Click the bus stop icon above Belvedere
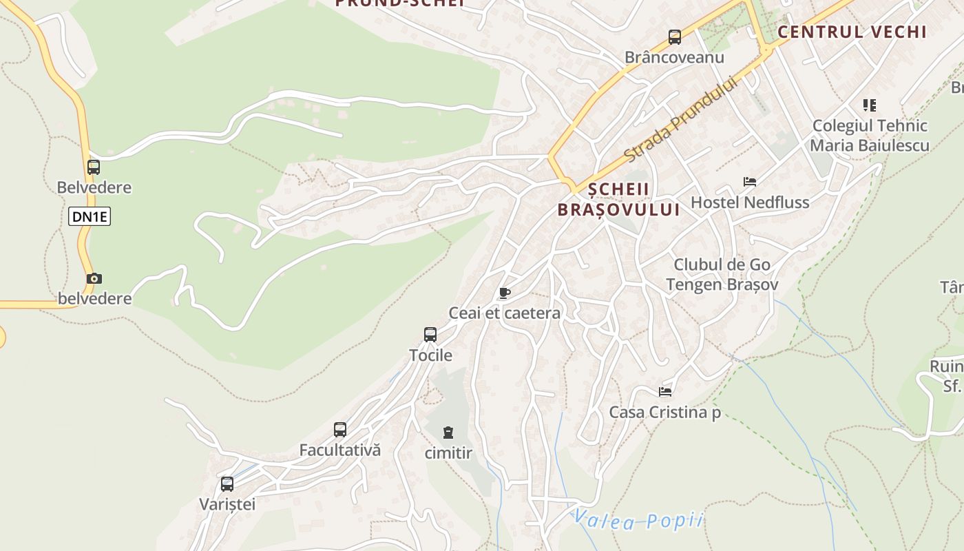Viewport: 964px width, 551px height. pos(94,167)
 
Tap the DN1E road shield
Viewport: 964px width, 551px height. pos(90,217)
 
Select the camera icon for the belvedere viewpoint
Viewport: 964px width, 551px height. pos(94,279)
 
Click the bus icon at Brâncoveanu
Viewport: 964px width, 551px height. pos(674,37)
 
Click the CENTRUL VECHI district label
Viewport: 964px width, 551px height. pos(852,32)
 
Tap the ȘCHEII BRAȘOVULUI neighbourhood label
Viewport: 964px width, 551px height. pos(618,200)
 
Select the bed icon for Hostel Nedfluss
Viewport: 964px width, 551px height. pos(750,182)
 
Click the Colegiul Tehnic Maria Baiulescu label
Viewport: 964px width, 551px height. pos(870,136)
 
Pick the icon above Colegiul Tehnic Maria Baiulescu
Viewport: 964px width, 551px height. pos(870,105)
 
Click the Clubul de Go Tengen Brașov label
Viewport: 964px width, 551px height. pos(722,275)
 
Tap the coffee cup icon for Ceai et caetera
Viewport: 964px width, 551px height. pos(505,293)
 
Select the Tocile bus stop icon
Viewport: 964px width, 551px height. pos(430,335)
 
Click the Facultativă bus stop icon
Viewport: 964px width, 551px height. pos(340,430)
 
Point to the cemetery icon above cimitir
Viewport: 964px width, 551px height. pos(448,433)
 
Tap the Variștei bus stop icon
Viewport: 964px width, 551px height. pos(227,484)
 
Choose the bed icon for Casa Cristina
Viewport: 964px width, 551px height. pos(665,392)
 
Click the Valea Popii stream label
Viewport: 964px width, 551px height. pos(638,521)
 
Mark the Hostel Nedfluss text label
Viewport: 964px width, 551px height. pos(750,202)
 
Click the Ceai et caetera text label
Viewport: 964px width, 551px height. pos(505,313)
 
